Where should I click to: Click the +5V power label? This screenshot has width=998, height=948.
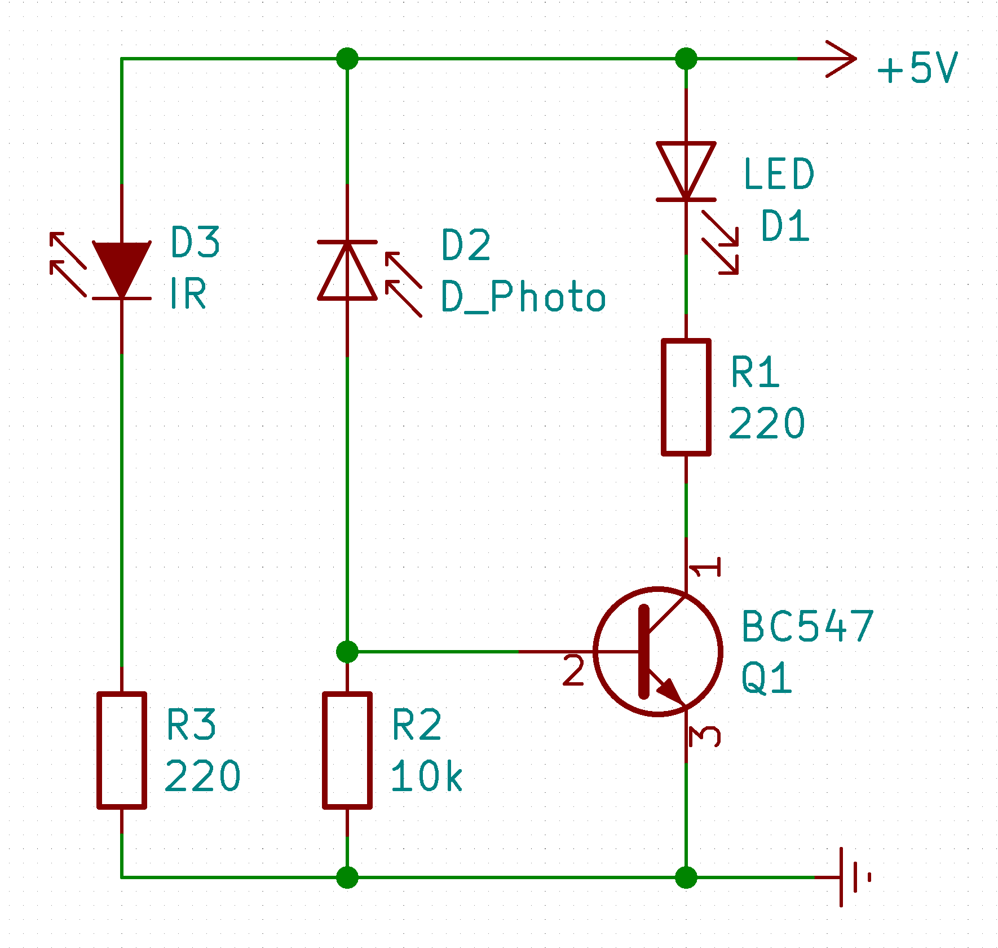(x=917, y=69)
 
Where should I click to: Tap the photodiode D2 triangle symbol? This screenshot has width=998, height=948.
(x=347, y=274)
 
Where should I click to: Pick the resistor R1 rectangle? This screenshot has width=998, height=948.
(x=686, y=397)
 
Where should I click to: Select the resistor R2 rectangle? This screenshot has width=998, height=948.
(x=347, y=750)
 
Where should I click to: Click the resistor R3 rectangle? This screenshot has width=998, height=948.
(x=122, y=750)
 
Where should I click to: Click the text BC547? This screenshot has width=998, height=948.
(x=807, y=627)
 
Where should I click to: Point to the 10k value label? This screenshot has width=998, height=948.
(x=426, y=776)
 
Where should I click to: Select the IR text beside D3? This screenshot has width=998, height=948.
(x=188, y=293)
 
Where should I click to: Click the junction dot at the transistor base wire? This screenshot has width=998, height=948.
(x=347, y=651)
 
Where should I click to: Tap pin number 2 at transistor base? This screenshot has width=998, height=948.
(x=573, y=671)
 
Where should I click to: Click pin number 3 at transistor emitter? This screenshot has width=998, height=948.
(x=705, y=736)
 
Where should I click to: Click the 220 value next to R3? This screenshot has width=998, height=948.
(x=202, y=776)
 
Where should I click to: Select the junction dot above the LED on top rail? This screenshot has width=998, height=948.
(x=686, y=58)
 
